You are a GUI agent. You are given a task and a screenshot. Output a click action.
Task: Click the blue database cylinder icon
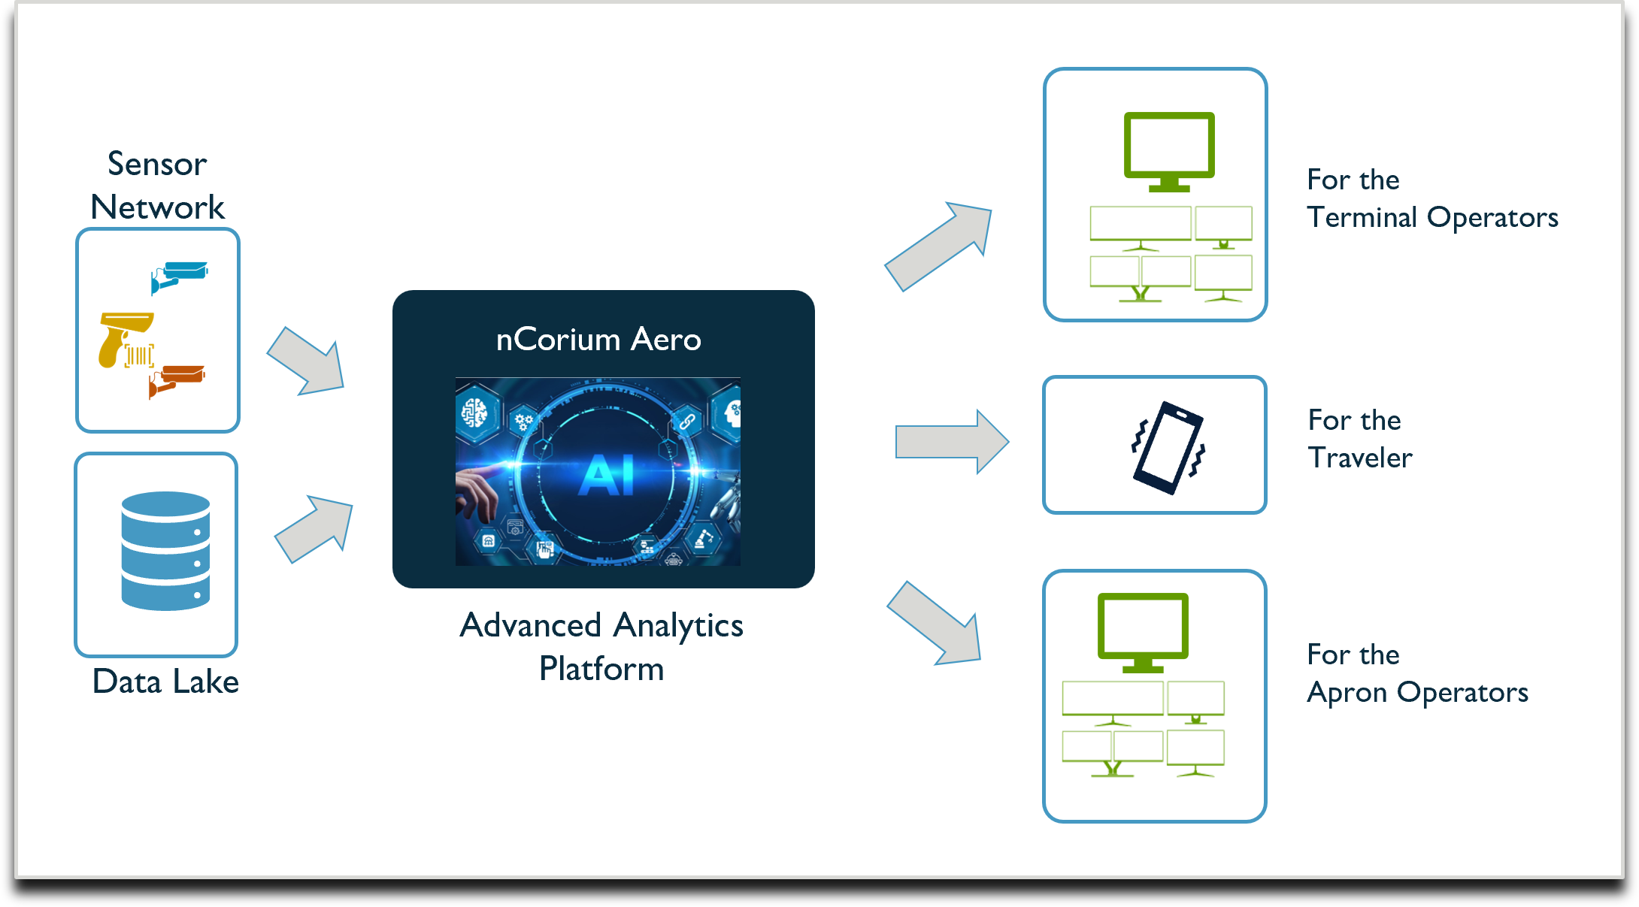(165, 551)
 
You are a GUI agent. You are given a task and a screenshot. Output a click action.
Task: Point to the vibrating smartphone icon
(1168, 447)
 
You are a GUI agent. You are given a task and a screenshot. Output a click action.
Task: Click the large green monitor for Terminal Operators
(1169, 149)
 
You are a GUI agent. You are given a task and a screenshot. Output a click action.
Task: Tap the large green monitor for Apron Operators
(1143, 630)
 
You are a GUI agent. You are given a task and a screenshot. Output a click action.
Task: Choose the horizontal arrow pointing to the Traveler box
(951, 442)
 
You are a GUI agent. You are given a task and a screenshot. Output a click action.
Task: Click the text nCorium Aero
(598, 340)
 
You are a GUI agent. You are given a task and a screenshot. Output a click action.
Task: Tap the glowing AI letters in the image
(607, 475)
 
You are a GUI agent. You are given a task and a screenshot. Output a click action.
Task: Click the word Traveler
(1360, 458)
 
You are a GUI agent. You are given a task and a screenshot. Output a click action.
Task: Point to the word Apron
(1347, 692)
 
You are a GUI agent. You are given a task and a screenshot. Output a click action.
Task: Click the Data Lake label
(165, 682)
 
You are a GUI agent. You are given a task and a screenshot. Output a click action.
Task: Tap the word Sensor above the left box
(157, 164)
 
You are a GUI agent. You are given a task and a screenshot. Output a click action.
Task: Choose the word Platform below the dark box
(601, 669)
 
